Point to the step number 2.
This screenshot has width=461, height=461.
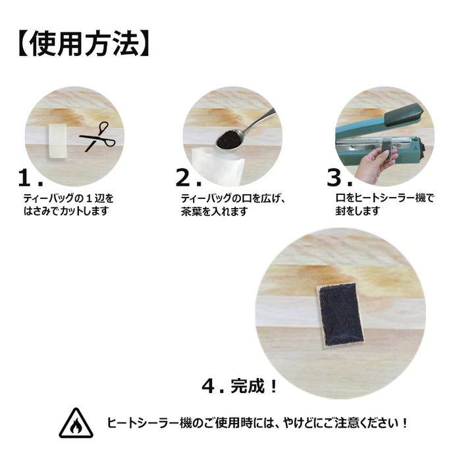coord(186,178)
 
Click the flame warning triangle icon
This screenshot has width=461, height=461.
coord(76,423)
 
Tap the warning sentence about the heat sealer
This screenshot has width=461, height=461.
coord(257,423)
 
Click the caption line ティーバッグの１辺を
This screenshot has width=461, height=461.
coord(68,198)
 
